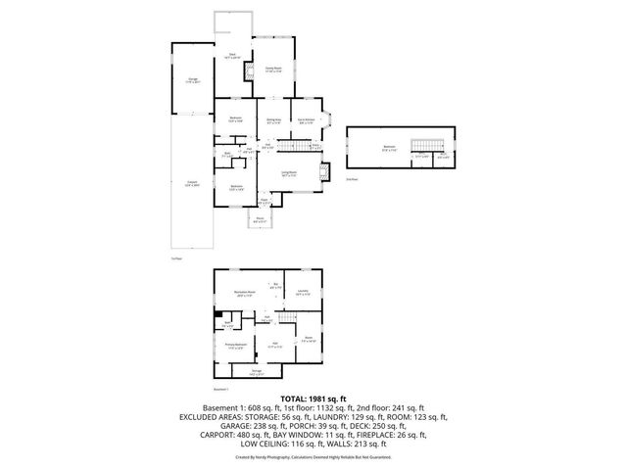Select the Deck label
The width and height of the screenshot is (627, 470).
click(233, 56)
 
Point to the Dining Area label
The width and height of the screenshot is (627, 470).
click(274, 120)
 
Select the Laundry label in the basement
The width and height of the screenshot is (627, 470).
click(303, 292)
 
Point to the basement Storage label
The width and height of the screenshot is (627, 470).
click(256, 372)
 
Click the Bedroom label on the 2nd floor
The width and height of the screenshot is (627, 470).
click(390, 148)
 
